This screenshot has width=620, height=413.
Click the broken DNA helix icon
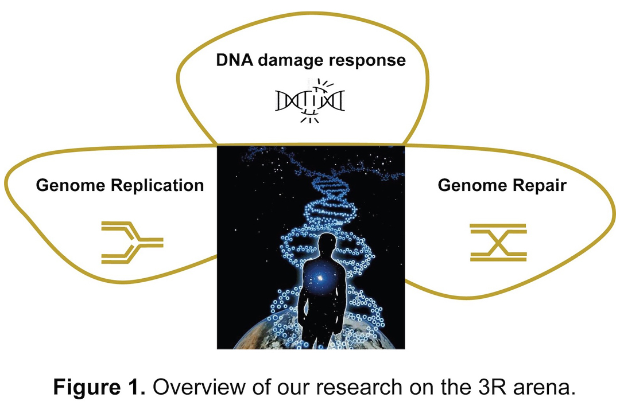coord(311,101)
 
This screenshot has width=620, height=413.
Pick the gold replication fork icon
coord(131,243)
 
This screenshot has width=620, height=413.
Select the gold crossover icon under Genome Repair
coord(498,243)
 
